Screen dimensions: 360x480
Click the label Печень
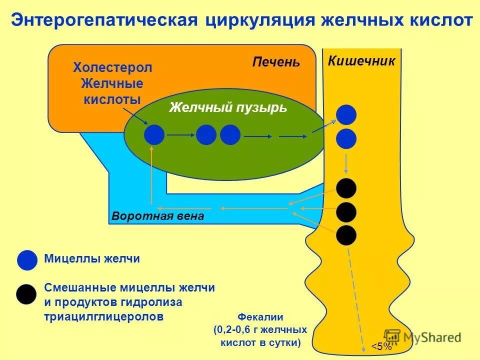coord(276,62)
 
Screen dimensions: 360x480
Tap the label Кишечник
coord(361,61)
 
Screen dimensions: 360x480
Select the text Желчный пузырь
coord(228,107)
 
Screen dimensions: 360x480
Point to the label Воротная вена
coord(158,216)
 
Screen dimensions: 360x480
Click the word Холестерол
coord(112,67)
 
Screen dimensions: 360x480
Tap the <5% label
coord(381,347)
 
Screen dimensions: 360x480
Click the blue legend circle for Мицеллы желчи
coord(27,260)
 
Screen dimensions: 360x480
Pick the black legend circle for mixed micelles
coord(26,294)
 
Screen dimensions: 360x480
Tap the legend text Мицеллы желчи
coord(92,259)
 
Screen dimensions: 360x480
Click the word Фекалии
coord(260,317)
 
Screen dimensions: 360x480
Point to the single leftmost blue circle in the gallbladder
coord(154,135)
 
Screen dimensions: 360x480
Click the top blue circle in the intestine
coord(346,115)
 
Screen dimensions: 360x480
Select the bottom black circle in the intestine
coord(346,235)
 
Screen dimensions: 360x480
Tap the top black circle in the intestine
coord(346,188)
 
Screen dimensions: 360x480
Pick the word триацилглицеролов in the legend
coord(104,317)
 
